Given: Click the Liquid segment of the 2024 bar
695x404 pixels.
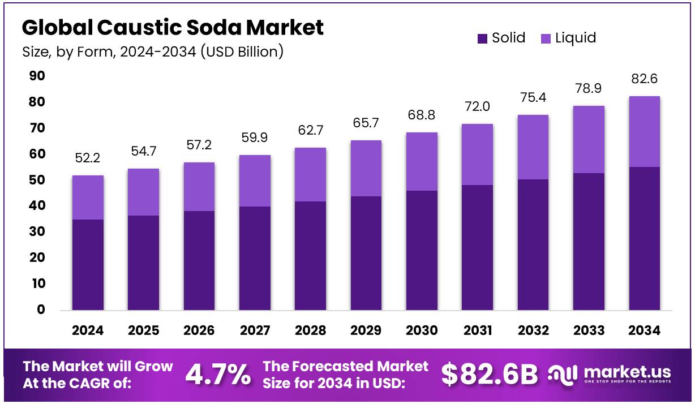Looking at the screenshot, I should tap(88, 197).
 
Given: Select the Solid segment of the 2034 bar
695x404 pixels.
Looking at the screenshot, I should tap(644, 238).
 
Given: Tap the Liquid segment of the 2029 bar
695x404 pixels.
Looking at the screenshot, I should tap(366, 168).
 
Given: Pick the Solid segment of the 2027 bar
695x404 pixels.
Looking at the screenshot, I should tap(255, 258).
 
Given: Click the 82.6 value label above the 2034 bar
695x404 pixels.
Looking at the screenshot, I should tap(644, 79).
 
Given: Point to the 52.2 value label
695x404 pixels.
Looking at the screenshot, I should tap(88, 158).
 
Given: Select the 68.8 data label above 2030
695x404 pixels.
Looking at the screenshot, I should tap(422, 115).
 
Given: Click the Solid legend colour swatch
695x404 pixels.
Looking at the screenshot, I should tap(482, 38).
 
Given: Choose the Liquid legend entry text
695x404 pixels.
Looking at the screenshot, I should tap(576, 38).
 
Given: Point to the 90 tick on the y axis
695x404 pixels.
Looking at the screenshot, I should tap(37, 76).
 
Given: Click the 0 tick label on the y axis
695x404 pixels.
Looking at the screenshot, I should tap(41, 310).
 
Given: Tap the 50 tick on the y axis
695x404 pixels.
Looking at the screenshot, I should tap(37, 180).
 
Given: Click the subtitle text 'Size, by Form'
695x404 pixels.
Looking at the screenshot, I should tap(62, 52).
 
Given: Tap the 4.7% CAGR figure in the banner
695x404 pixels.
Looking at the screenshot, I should tap(218, 374).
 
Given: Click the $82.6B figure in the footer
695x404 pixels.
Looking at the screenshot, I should tap(489, 374).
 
